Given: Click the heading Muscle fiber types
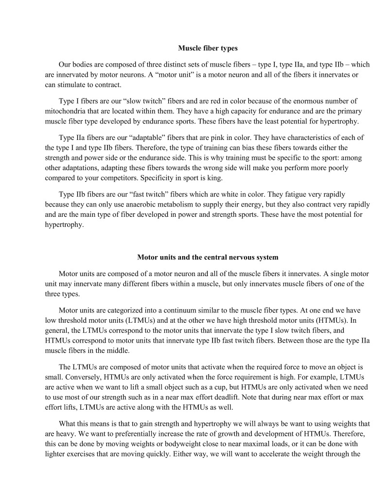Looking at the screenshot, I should point(208,49).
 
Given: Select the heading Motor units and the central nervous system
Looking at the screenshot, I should point(208,257).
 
